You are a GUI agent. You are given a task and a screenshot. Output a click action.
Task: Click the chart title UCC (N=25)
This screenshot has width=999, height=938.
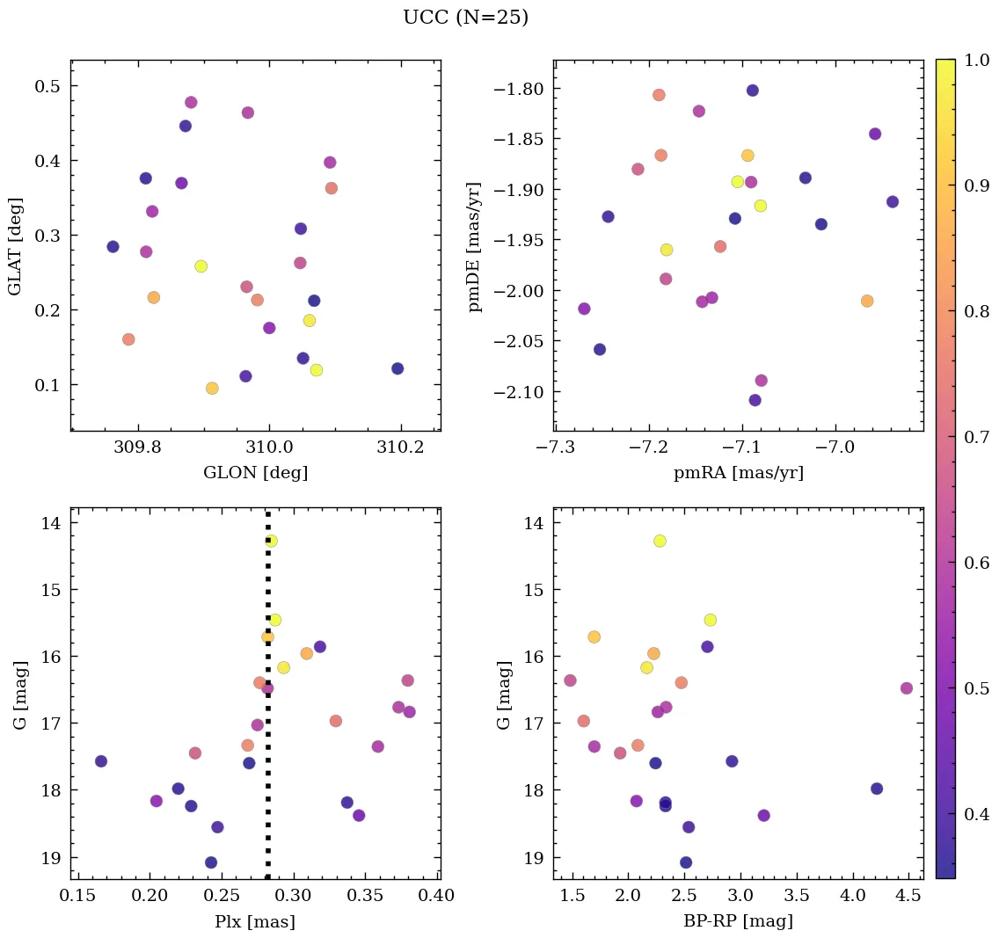[x=465, y=18]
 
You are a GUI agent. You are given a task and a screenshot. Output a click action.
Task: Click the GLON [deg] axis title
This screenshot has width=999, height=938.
[x=255, y=473]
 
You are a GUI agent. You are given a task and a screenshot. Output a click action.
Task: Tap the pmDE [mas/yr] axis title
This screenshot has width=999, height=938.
[x=476, y=246]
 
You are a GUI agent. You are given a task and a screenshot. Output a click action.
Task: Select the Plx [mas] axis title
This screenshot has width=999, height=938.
[x=255, y=921]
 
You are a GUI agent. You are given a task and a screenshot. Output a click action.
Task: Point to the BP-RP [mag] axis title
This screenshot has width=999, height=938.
[x=738, y=921]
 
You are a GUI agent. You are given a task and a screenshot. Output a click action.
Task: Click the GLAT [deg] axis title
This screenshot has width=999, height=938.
[x=15, y=246]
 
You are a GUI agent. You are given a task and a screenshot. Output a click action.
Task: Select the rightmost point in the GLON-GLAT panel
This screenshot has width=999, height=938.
[x=397, y=368]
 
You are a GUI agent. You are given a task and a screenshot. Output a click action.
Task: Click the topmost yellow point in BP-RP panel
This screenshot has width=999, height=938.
[x=660, y=541]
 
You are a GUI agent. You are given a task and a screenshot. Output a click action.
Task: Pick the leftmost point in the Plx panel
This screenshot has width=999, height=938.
[x=101, y=761]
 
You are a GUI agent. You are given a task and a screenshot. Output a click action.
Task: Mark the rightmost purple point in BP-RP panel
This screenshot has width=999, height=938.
[x=907, y=688]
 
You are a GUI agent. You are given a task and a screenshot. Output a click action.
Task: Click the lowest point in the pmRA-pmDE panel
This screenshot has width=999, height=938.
[x=755, y=400]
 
